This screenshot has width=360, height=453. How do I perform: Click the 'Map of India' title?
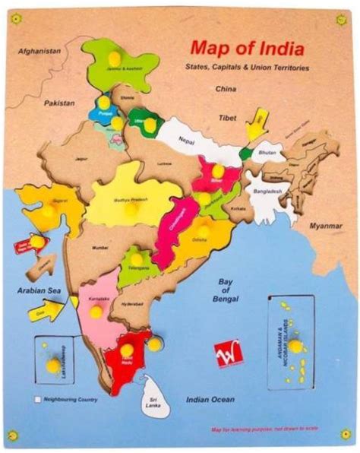click(x=247, y=49)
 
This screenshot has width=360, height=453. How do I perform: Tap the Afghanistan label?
click(x=39, y=50)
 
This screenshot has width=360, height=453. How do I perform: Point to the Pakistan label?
click(x=58, y=103)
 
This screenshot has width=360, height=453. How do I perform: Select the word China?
click(x=226, y=89)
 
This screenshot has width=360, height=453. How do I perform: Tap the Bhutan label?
click(x=268, y=153)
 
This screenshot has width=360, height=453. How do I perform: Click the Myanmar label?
click(x=327, y=226)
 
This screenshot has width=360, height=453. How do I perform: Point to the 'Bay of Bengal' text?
click(x=226, y=290)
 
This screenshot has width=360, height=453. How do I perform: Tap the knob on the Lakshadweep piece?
click(x=52, y=366)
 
